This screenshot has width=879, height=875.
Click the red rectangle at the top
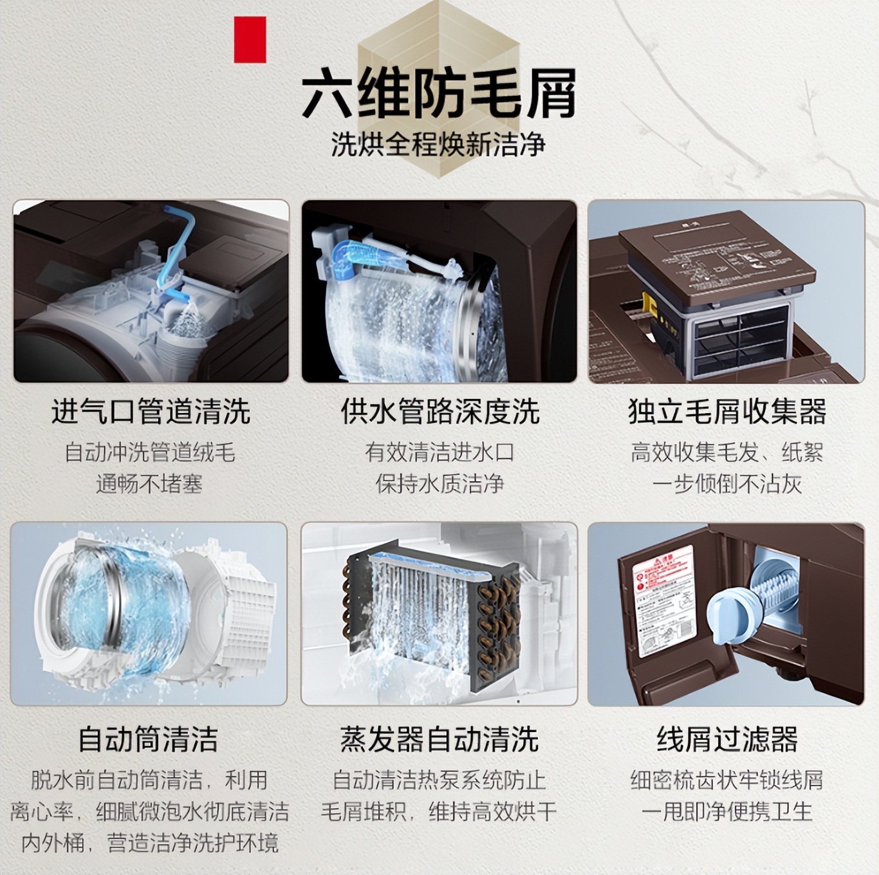pyautogui.click(x=250, y=40)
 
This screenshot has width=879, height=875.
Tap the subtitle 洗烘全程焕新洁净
pyautogui.click(x=439, y=144)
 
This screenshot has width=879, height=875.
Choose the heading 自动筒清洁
pyautogui.click(x=148, y=739)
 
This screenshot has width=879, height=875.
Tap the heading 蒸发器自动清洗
pyautogui.click(x=439, y=739)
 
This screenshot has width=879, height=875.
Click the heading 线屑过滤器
pyautogui.click(x=727, y=739)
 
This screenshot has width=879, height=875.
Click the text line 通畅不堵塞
pyautogui.click(x=149, y=484)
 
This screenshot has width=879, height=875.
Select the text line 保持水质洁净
pyautogui.click(x=440, y=484)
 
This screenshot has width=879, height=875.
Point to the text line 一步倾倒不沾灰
pyautogui.click(x=727, y=484)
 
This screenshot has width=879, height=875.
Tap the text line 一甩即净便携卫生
pyautogui.click(x=727, y=811)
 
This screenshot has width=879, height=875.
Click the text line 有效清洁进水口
pyautogui.click(x=440, y=452)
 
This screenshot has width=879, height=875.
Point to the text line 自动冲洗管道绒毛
pyautogui.click(x=149, y=452)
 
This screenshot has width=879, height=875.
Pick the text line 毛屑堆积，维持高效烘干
pyautogui.click(x=439, y=811)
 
